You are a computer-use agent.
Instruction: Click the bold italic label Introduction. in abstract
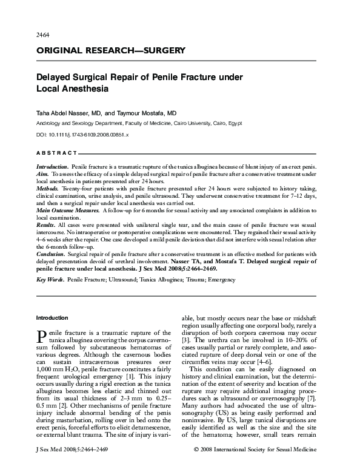pos(52,166)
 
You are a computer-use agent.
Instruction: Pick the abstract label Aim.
pos(43,173)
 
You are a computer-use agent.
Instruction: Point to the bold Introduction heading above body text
pos(53,317)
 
